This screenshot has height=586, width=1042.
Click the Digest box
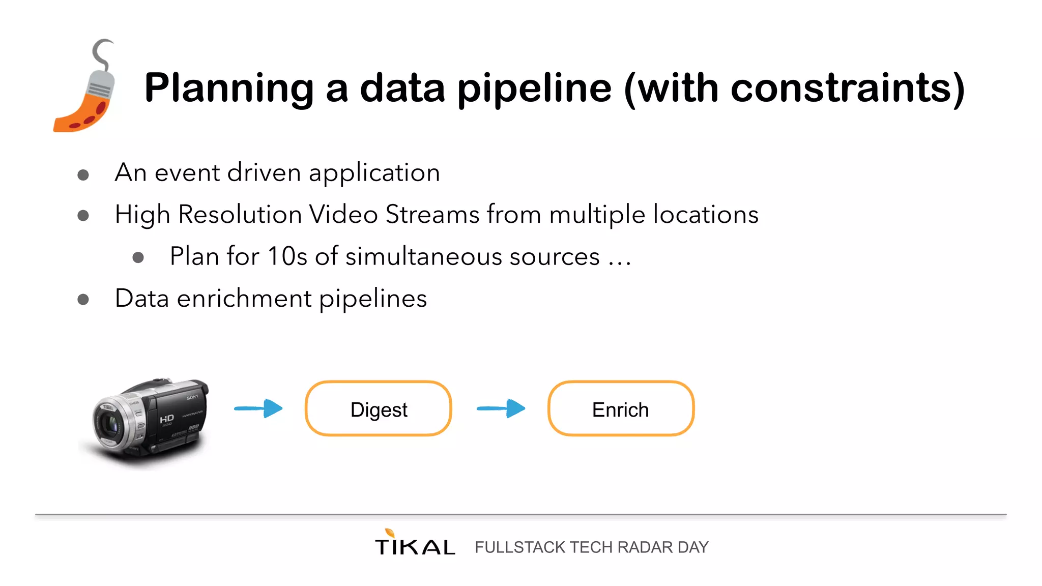pyautogui.click(x=378, y=408)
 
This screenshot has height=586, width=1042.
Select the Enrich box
pyautogui.click(x=621, y=408)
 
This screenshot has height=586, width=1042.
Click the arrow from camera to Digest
pyautogui.click(x=258, y=408)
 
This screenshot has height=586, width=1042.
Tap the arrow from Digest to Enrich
pyautogui.click(x=501, y=408)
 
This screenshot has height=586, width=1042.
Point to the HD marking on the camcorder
pyautogui.click(x=166, y=419)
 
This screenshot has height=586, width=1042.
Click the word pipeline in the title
pyautogui.click(x=534, y=89)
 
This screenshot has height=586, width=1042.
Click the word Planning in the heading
pyautogui.click(x=229, y=89)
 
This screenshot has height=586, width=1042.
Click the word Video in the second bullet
pyautogui.click(x=343, y=214)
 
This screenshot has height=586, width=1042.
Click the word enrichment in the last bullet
pyautogui.click(x=244, y=298)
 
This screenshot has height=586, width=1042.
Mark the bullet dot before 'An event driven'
pyautogui.click(x=83, y=175)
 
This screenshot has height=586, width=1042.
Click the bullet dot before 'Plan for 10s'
pyautogui.click(x=138, y=257)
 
